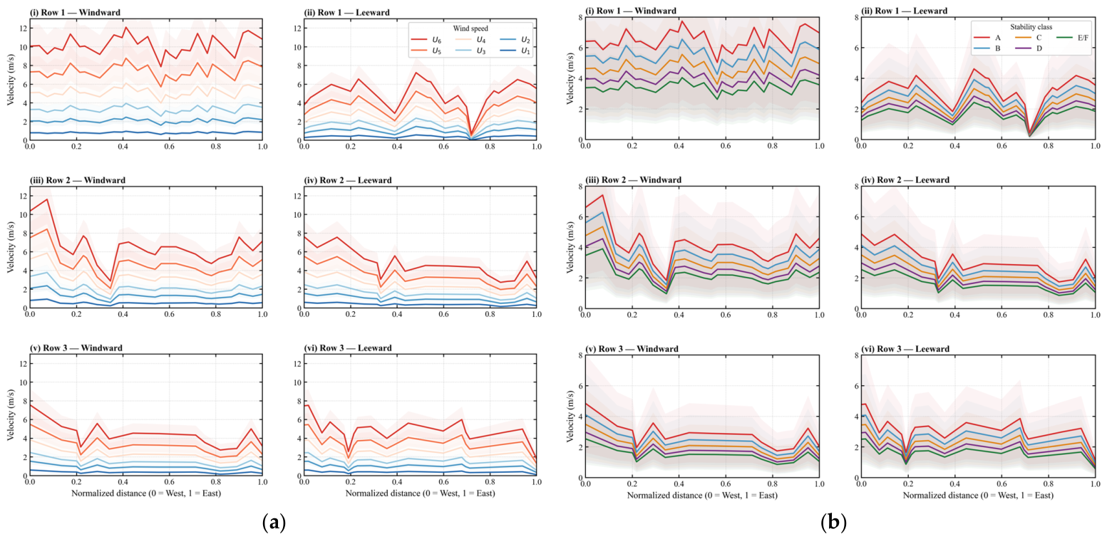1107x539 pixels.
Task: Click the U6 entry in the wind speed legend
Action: coord(426,40)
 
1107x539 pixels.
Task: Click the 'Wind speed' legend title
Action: coord(470,28)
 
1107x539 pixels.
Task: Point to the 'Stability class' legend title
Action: coord(1031,26)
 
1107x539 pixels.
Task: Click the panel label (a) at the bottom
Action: coord(274,522)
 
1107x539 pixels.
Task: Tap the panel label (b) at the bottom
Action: coord(833,522)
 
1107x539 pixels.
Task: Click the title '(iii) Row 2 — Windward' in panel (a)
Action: coord(78,180)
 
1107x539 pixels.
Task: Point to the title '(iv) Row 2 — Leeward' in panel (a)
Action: coord(348,180)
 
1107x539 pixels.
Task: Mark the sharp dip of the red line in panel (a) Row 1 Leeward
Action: coord(470,135)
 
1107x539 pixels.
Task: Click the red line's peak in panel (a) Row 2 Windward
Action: coord(47,199)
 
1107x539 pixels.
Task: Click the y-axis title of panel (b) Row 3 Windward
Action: coord(570,416)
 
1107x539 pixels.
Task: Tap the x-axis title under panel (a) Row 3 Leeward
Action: coord(420,493)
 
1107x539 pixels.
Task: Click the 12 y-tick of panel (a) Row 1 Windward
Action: coord(22,28)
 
